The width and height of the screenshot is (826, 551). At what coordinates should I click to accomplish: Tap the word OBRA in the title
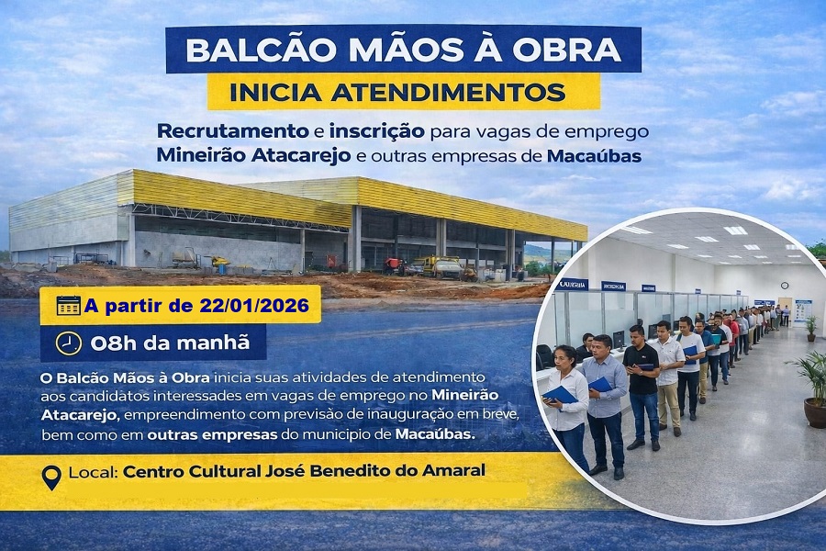(x=573, y=49)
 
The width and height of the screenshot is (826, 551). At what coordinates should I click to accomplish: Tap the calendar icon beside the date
(x=69, y=305)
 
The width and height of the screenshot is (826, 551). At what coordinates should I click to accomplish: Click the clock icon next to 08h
(x=68, y=343)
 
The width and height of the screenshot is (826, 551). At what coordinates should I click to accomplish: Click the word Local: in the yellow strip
(x=93, y=474)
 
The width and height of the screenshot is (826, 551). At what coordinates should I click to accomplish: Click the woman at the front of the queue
(x=566, y=404)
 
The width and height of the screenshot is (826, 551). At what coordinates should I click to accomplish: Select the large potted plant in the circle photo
(x=813, y=386)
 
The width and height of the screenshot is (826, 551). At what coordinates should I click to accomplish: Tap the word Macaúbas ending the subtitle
(x=593, y=154)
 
